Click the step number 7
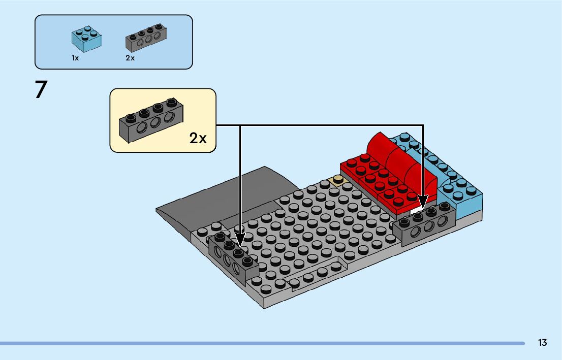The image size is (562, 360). [x=41, y=89]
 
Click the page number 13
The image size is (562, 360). [x=542, y=343]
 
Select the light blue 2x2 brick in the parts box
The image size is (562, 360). [x=86, y=39]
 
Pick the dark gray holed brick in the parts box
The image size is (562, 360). [x=146, y=38]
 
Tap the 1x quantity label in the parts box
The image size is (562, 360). [x=75, y=58]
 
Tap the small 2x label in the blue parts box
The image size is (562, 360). [x=130, y=58]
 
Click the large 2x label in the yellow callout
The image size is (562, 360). [x=198, y=138]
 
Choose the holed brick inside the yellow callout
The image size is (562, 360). [x=151, y=120]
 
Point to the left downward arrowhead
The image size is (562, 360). [x=240, y=239]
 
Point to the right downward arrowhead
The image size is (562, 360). [x=423, y=201]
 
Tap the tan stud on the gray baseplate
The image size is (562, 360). [x=337, y=180]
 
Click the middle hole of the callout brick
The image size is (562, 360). [x=155, y=123]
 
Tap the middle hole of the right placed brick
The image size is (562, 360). [x=428, y=227]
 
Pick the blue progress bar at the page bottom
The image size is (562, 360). [x=262, y=344]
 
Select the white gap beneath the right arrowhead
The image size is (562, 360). [x=417, y=211]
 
